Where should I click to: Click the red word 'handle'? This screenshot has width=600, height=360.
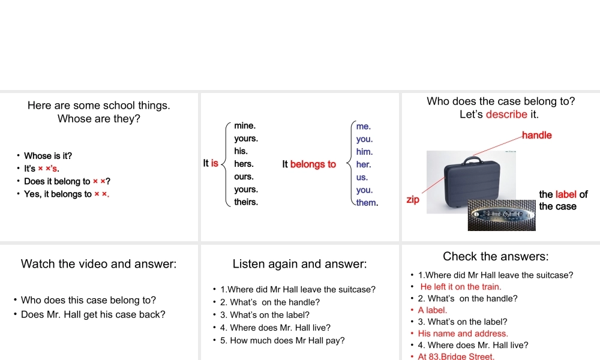click(536, 135)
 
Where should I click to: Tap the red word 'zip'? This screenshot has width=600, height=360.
click(413, 199)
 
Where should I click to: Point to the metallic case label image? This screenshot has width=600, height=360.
click(500, 214)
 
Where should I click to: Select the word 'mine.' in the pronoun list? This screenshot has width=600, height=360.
click(245, 125)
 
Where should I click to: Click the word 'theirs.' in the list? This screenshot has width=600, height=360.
click(246, 202)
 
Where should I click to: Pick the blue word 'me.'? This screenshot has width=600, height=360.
click(364, 126)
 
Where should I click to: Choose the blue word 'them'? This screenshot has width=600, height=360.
click(366, 202)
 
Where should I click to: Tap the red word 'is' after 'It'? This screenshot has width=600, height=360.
click(215, 163)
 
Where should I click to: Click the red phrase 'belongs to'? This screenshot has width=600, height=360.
click(313, 164)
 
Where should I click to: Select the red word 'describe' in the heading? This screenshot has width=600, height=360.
click(506, 114)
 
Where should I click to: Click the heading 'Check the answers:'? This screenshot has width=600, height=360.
click(496, 257)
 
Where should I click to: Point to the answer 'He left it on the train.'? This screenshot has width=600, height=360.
click(461, 287)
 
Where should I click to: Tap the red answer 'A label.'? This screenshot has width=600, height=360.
click(433, 310)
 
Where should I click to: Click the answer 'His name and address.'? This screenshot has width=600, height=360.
click(463, 334)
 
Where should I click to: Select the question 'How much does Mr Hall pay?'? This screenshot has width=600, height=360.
click(283, 341)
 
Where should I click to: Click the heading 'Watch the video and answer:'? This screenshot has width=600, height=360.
click(99, 264)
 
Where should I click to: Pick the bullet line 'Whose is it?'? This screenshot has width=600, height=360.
click(48, 156)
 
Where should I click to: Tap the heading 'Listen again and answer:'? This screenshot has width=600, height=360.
click(299, 264)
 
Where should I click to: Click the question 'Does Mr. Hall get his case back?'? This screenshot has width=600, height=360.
click(93, 314)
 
